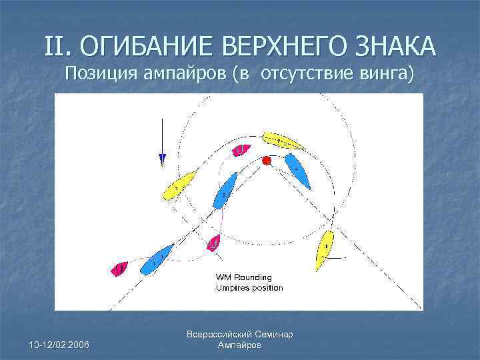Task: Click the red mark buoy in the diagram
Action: [267, 161]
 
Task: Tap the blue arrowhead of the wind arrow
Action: [162, 159]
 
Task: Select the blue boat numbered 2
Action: [225, 190]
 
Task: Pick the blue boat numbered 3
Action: [297, 171]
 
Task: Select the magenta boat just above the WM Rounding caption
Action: [213, 243]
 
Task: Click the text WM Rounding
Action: [243, 277]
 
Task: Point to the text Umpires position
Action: [249, 288]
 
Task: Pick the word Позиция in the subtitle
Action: [102, 73]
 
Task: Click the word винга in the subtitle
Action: [387, 73]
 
